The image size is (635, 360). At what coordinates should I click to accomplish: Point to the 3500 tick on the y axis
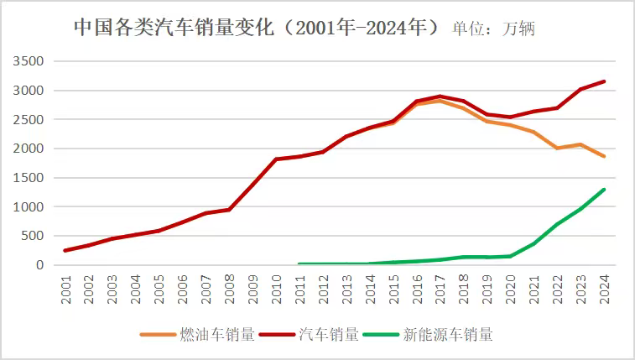[29, 62]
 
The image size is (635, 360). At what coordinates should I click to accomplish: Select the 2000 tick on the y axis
[29, 149]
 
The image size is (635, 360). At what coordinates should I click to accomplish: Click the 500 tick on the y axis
[32, 236]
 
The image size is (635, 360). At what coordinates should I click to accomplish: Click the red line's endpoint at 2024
[604, 81]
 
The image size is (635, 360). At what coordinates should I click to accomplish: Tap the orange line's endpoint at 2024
[604, 156]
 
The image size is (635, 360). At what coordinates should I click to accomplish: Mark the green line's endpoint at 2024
[604, 190]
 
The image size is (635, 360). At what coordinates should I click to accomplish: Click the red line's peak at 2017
[440, 97]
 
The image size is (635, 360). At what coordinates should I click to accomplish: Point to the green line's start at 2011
[300, 264]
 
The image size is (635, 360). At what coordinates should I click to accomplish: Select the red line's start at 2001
[66, 250]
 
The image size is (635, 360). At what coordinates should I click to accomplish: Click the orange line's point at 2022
[557, 148]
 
